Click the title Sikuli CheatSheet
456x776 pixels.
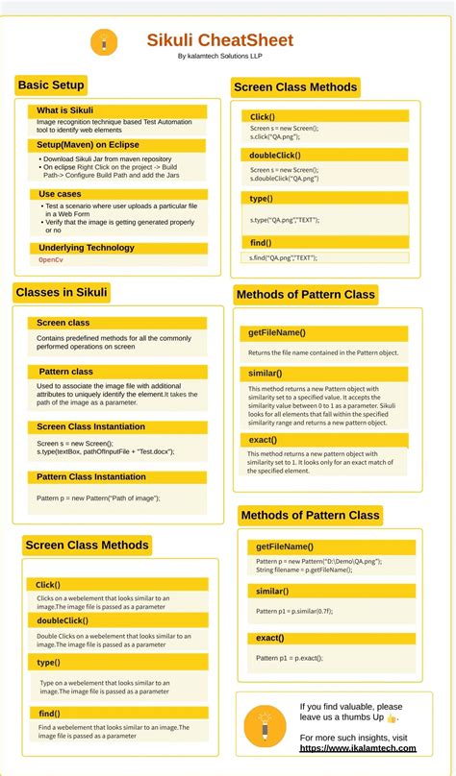219,40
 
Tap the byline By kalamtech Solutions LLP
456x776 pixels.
220,57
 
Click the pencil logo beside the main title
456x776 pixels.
104,41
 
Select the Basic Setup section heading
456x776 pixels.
51,85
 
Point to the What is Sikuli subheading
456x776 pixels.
65,110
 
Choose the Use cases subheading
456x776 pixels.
61,194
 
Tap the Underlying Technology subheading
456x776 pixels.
87,248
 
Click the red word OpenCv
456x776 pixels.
51,260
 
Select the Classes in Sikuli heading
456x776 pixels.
62,292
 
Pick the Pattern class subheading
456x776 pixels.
66,372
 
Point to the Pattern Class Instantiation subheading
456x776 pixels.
91,476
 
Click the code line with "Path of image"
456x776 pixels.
99,498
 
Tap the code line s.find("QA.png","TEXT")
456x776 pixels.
284,257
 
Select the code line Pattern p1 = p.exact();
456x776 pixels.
290,658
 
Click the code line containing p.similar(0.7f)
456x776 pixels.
294,611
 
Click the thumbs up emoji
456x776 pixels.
392,718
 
